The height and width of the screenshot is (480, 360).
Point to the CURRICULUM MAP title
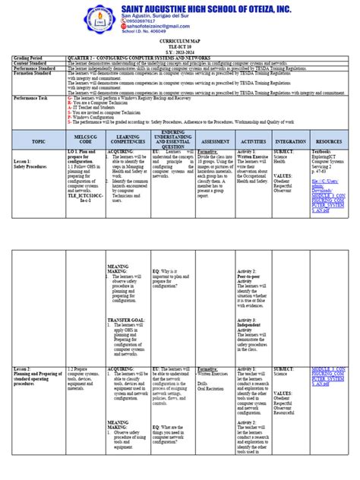click(x=180, y=54)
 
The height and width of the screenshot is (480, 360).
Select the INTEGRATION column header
click(x=292, y=141)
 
